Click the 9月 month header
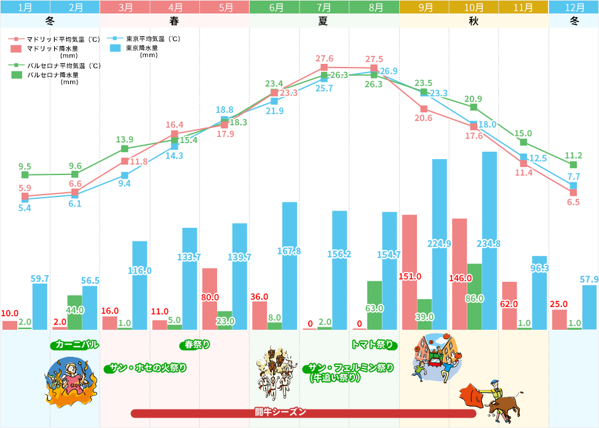(x=424, y=7)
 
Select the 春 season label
(x=175, y=21)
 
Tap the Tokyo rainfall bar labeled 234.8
(x=490, y=239)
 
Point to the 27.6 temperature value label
(x=324, y=58)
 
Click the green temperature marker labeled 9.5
(x=25, y=174)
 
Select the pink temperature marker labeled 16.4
(x=175, y=133)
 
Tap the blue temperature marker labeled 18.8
(x=224, y=119)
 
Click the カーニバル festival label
(x=76, y=344)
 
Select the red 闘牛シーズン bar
(x=303, y=413)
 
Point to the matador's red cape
(x=472, y=393)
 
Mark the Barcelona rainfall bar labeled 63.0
(x=375, y=305)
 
